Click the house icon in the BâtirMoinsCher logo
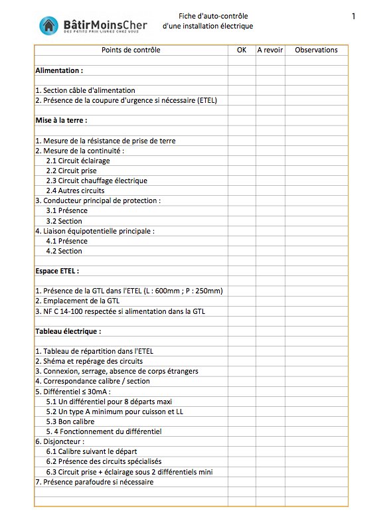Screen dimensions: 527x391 (48, 25)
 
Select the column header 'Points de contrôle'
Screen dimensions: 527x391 (131, 50)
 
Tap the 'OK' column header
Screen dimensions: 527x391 (241, 50)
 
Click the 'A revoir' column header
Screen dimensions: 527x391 (270, 50)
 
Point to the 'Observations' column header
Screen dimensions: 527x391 (316, 50)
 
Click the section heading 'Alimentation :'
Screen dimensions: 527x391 (59, 70)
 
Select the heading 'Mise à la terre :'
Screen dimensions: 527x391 (61, 121)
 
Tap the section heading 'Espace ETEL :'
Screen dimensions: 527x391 (57, 271)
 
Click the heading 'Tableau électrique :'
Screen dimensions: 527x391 (68, 331)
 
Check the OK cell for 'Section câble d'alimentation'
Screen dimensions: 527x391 (241, 90)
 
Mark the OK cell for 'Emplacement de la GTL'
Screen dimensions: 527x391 (241, 301)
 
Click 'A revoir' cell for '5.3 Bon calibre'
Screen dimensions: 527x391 (270, 421)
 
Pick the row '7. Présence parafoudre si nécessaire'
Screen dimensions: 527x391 (94, 482)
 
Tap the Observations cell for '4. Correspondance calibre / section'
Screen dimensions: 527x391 (316, 382)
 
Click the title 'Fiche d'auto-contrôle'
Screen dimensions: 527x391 (207, 16)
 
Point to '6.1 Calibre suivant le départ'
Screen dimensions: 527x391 (92, 451)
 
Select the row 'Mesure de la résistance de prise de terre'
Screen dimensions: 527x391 (105, 141)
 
